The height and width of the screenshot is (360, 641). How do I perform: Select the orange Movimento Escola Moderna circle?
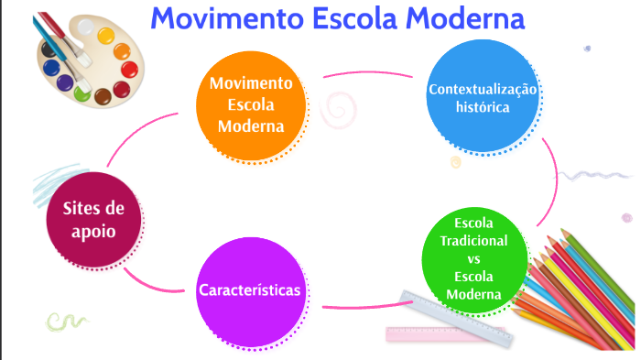[251, 104]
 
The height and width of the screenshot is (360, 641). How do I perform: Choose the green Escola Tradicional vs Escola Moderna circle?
[473, 259]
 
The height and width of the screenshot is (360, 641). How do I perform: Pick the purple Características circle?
[250, 289]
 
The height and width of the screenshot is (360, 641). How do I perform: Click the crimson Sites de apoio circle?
[93, 220]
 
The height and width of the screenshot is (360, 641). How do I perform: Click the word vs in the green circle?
[473, 259]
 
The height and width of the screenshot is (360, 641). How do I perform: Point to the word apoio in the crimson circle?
[93, 231]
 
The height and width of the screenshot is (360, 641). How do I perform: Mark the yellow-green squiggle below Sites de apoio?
[65, 321]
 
